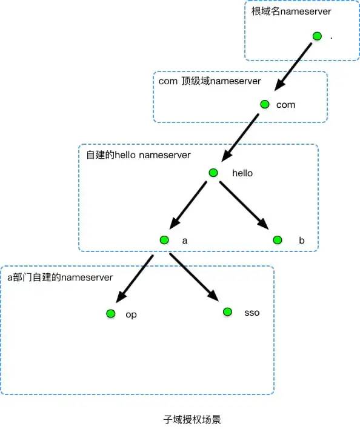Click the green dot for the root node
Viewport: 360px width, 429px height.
316,36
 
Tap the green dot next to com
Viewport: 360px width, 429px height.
264,104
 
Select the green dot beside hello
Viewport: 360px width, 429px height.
213,173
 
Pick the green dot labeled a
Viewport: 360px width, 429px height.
164,240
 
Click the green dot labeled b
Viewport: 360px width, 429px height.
277,240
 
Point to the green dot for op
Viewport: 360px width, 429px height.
110,314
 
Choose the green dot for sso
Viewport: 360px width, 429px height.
227,312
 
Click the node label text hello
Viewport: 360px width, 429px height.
242,173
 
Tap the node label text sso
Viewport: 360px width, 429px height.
252,313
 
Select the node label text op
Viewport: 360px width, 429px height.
131,314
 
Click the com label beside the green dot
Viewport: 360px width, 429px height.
285,105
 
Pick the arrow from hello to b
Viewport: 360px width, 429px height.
244,205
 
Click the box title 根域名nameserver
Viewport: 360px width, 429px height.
288,11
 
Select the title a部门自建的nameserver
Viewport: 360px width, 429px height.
60,277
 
